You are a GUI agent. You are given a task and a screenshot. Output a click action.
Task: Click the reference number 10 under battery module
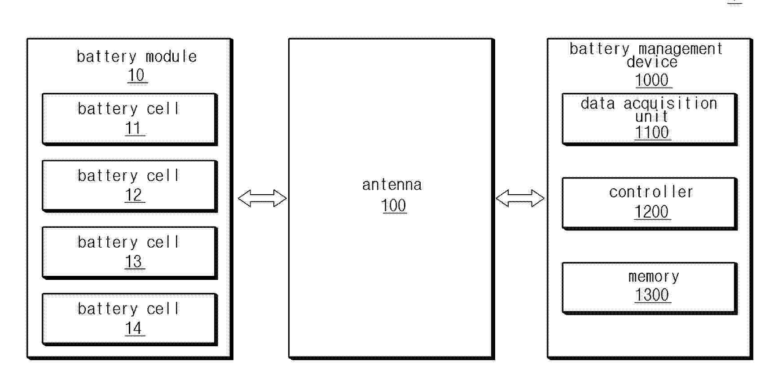click(x=136, y=75)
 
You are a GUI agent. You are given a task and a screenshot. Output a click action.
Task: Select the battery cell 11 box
click(x=130, y=119)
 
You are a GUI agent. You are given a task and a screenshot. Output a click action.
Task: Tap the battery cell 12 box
click(x=130, y=186)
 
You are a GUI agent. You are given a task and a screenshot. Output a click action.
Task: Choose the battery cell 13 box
click(x=130, y=253)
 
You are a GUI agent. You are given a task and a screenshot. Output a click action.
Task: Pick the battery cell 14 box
click(x=130, y=319)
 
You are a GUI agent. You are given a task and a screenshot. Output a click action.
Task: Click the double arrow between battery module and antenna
click(x=262, y=198)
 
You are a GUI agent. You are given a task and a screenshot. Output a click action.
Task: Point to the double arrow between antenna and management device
click(x=520, y=198)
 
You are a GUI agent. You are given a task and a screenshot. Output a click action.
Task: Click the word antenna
click(x=392, y=185)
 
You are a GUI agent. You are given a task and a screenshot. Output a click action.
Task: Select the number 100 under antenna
click(x=394, y=205)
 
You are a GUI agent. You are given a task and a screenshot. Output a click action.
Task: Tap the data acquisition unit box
click(x=650, y=119)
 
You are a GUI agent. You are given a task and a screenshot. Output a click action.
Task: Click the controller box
click(x=650, y=204)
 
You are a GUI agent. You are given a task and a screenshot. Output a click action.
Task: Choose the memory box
click(x=650, y=288)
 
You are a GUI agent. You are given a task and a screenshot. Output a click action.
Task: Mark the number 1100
click(x=652, y=133)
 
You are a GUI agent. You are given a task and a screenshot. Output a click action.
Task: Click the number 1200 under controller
click(x=652, y=212)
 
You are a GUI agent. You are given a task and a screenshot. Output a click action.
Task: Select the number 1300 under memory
click(x=652, y=295)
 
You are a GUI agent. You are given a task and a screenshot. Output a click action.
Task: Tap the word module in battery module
click(x=171, y=57)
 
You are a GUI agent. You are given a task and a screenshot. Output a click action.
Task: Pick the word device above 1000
click(x=652, y=62)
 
